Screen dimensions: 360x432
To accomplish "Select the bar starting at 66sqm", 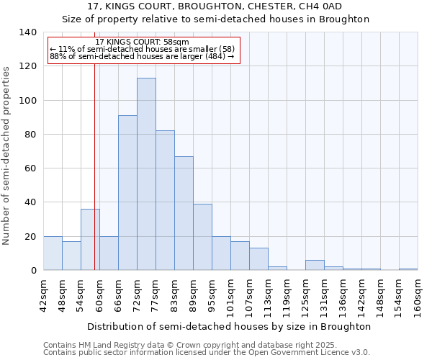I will pyautogui.click(x=127, y=193).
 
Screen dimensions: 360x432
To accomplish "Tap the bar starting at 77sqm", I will pyautogui.click(x=165, y=200).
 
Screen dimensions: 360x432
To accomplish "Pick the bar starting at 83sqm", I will pyautogui.click(x=184, y=213).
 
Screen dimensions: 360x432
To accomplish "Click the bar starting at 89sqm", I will pyautogui.click(x=202, y=237).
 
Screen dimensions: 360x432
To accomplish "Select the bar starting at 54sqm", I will pyautogui.click(x=90, y=240).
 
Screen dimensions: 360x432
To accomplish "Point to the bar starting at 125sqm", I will pyautogui.click(x=315, y=265).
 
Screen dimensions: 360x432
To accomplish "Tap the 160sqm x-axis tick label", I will pyautogui.click(x=418, y=295).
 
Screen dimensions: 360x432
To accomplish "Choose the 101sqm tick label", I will pyautogui.click(x=231, y=295).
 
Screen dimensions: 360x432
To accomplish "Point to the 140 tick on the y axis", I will pyautogui.click(x=28, y=32).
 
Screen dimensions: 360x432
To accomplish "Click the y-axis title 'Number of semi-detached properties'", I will pyautogui.click(x=7, y=156).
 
